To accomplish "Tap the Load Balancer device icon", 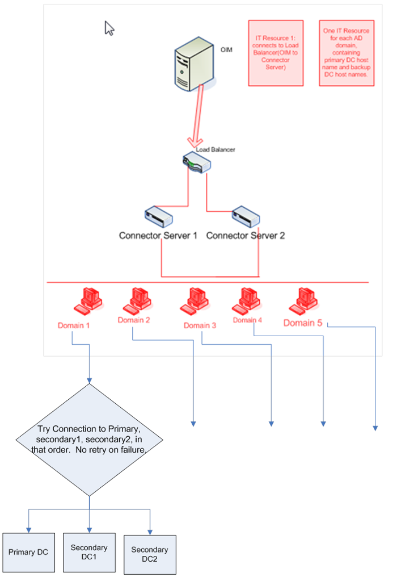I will click(x=196, y=163).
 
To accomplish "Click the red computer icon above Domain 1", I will click(x=87, y=301).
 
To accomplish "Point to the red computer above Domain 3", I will click(x=193, y=301).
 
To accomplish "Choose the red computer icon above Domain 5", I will click(x=302, y=301).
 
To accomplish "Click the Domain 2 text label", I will click(x=134, y=320).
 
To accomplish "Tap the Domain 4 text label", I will click(x=248, y=320).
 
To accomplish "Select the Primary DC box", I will click(x=28, y=552).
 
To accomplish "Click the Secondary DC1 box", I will click(x=89, y=551).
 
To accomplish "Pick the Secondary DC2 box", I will click(x=150, y=554).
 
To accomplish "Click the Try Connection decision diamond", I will click(x=90, y=439).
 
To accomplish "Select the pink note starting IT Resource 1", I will click(x=276, y=53).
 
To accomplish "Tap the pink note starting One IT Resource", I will click(x=346, y=53).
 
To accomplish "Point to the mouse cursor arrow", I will click(x=109, y=28).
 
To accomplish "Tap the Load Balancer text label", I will click(x=216, y=149).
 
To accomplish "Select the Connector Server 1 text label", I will click(x=158, y=235).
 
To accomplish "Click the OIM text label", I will click(x=226, y=50).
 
